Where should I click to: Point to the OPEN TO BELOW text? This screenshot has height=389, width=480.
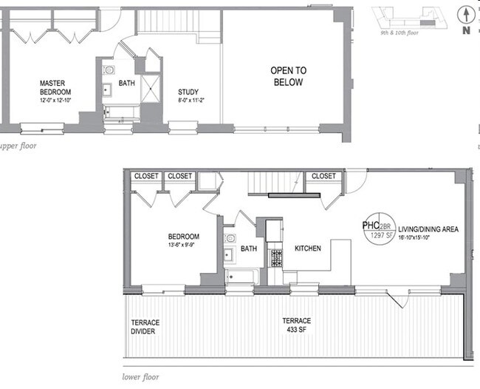click(x=288, y=76)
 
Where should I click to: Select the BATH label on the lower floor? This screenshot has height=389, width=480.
click(x=248, y=248)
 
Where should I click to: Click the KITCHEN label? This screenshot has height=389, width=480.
click(x=307, y=248)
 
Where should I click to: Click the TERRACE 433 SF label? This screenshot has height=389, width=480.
click(x=296, y=325)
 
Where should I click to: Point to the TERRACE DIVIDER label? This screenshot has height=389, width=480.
click(x=145, y=327)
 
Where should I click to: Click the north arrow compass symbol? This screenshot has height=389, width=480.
click(x=464, y=20)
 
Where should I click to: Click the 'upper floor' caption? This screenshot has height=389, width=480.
click(x=18, y=146)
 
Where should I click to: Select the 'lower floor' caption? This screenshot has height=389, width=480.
click(x=140, y=376)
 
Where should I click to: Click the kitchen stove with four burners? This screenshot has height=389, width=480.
click(x=278, y=258)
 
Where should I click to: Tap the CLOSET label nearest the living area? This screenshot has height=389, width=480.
click(x=323, y=176)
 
